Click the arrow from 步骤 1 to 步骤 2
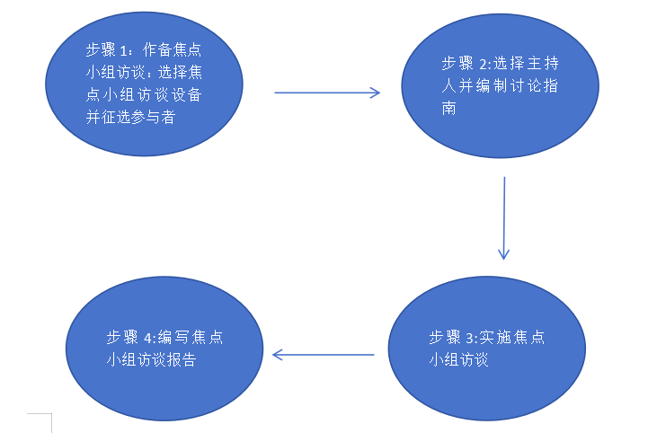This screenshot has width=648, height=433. (x=326, y=92)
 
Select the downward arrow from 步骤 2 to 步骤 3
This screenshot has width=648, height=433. (x=504, y=217)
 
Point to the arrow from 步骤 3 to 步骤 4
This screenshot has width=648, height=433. (x=323, y=355)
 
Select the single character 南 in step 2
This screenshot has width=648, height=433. (x=448, y=109)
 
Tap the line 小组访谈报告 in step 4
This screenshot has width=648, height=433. (x=151, y=360)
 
